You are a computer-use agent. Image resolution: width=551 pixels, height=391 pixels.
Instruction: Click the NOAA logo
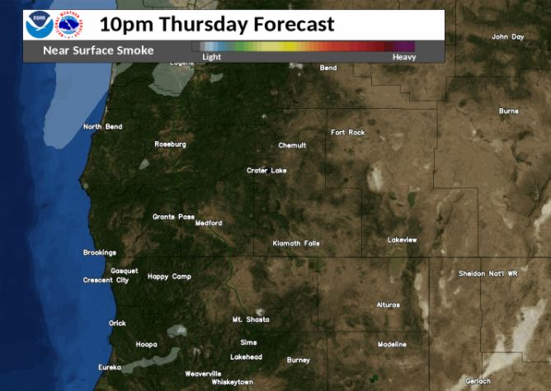(x=39, y=26)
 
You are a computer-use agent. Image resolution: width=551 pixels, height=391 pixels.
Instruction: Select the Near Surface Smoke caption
(x=98, y=50)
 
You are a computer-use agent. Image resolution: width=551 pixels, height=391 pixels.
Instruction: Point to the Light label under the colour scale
(x=211, y=57)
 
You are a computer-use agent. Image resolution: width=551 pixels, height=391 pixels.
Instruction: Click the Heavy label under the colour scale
(x=404, y=57)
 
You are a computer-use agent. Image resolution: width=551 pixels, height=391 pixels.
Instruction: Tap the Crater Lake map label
(x=266, y=171)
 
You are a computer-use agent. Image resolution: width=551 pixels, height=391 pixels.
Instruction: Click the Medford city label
(x=209, y=223)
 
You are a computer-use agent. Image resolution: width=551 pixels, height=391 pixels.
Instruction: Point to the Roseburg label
(x=170, y=144)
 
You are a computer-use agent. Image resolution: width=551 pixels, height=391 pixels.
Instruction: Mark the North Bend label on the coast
(x=103, y=126)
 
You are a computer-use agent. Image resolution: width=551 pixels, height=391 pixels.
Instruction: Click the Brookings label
(x=100, y=252)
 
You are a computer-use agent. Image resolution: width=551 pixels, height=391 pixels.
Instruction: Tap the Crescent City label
(x=106, y=280)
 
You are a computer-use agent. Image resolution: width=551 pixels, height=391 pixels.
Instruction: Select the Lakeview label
(x=403, y=240)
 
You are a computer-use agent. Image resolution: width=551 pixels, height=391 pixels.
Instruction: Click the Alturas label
(x=388, y=304)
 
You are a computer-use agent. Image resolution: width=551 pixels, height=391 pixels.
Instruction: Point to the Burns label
(x=508, y=111)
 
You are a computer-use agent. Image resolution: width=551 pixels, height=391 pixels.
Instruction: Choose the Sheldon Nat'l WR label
(x=488, y=273)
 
